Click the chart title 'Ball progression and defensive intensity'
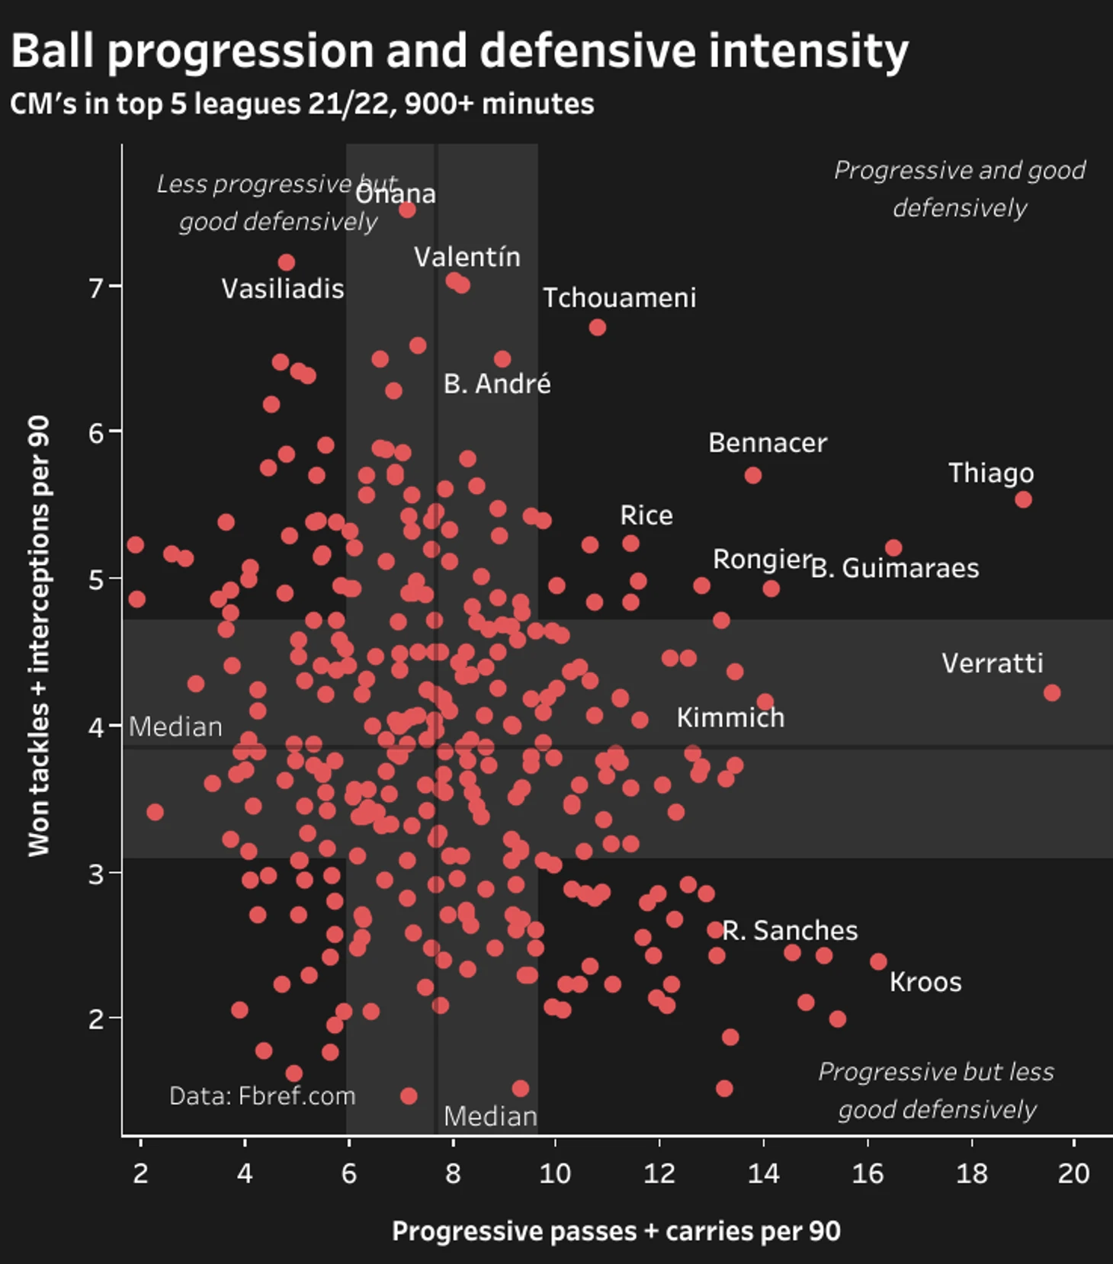tap(459, 52)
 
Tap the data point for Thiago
tap(1023, 499)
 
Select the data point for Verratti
tap(1052, 692)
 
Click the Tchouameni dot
tap(598, 327)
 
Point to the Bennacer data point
tap(753, 475)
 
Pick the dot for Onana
tap(408, 210)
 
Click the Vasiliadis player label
tap(283, 289)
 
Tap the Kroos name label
tap(925, 982)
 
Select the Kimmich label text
tap(730, 717)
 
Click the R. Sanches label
tap(790, 930)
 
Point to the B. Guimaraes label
tap(895, 568)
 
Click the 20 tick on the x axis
tap(1073, 1173)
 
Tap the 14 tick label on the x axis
tap(763, 1173)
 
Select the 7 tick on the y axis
tap(96, 287)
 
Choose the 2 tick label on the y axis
tap(96, 1019)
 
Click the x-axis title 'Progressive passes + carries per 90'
tap(616, 1231)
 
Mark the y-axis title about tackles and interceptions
tap(39, 635)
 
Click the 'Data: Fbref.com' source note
tap(262, 1096)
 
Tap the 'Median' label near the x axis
tap(490, 1116)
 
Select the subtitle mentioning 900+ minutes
tap(302, 104)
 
